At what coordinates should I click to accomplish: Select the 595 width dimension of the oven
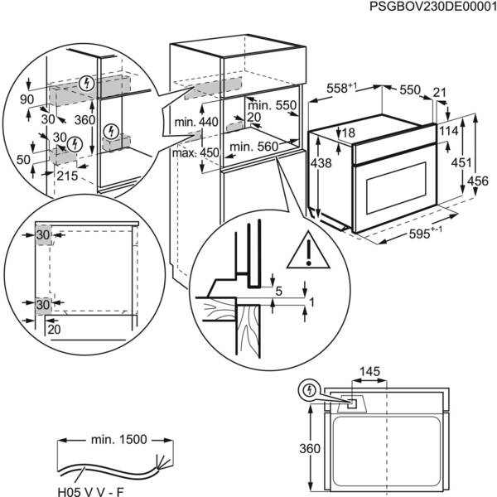[424, 235]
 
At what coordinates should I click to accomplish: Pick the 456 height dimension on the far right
[484, 181]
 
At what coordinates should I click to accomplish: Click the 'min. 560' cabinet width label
[253, 147]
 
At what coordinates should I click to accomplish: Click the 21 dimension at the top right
[439, 92]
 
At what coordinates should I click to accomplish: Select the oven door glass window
[391, 183]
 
